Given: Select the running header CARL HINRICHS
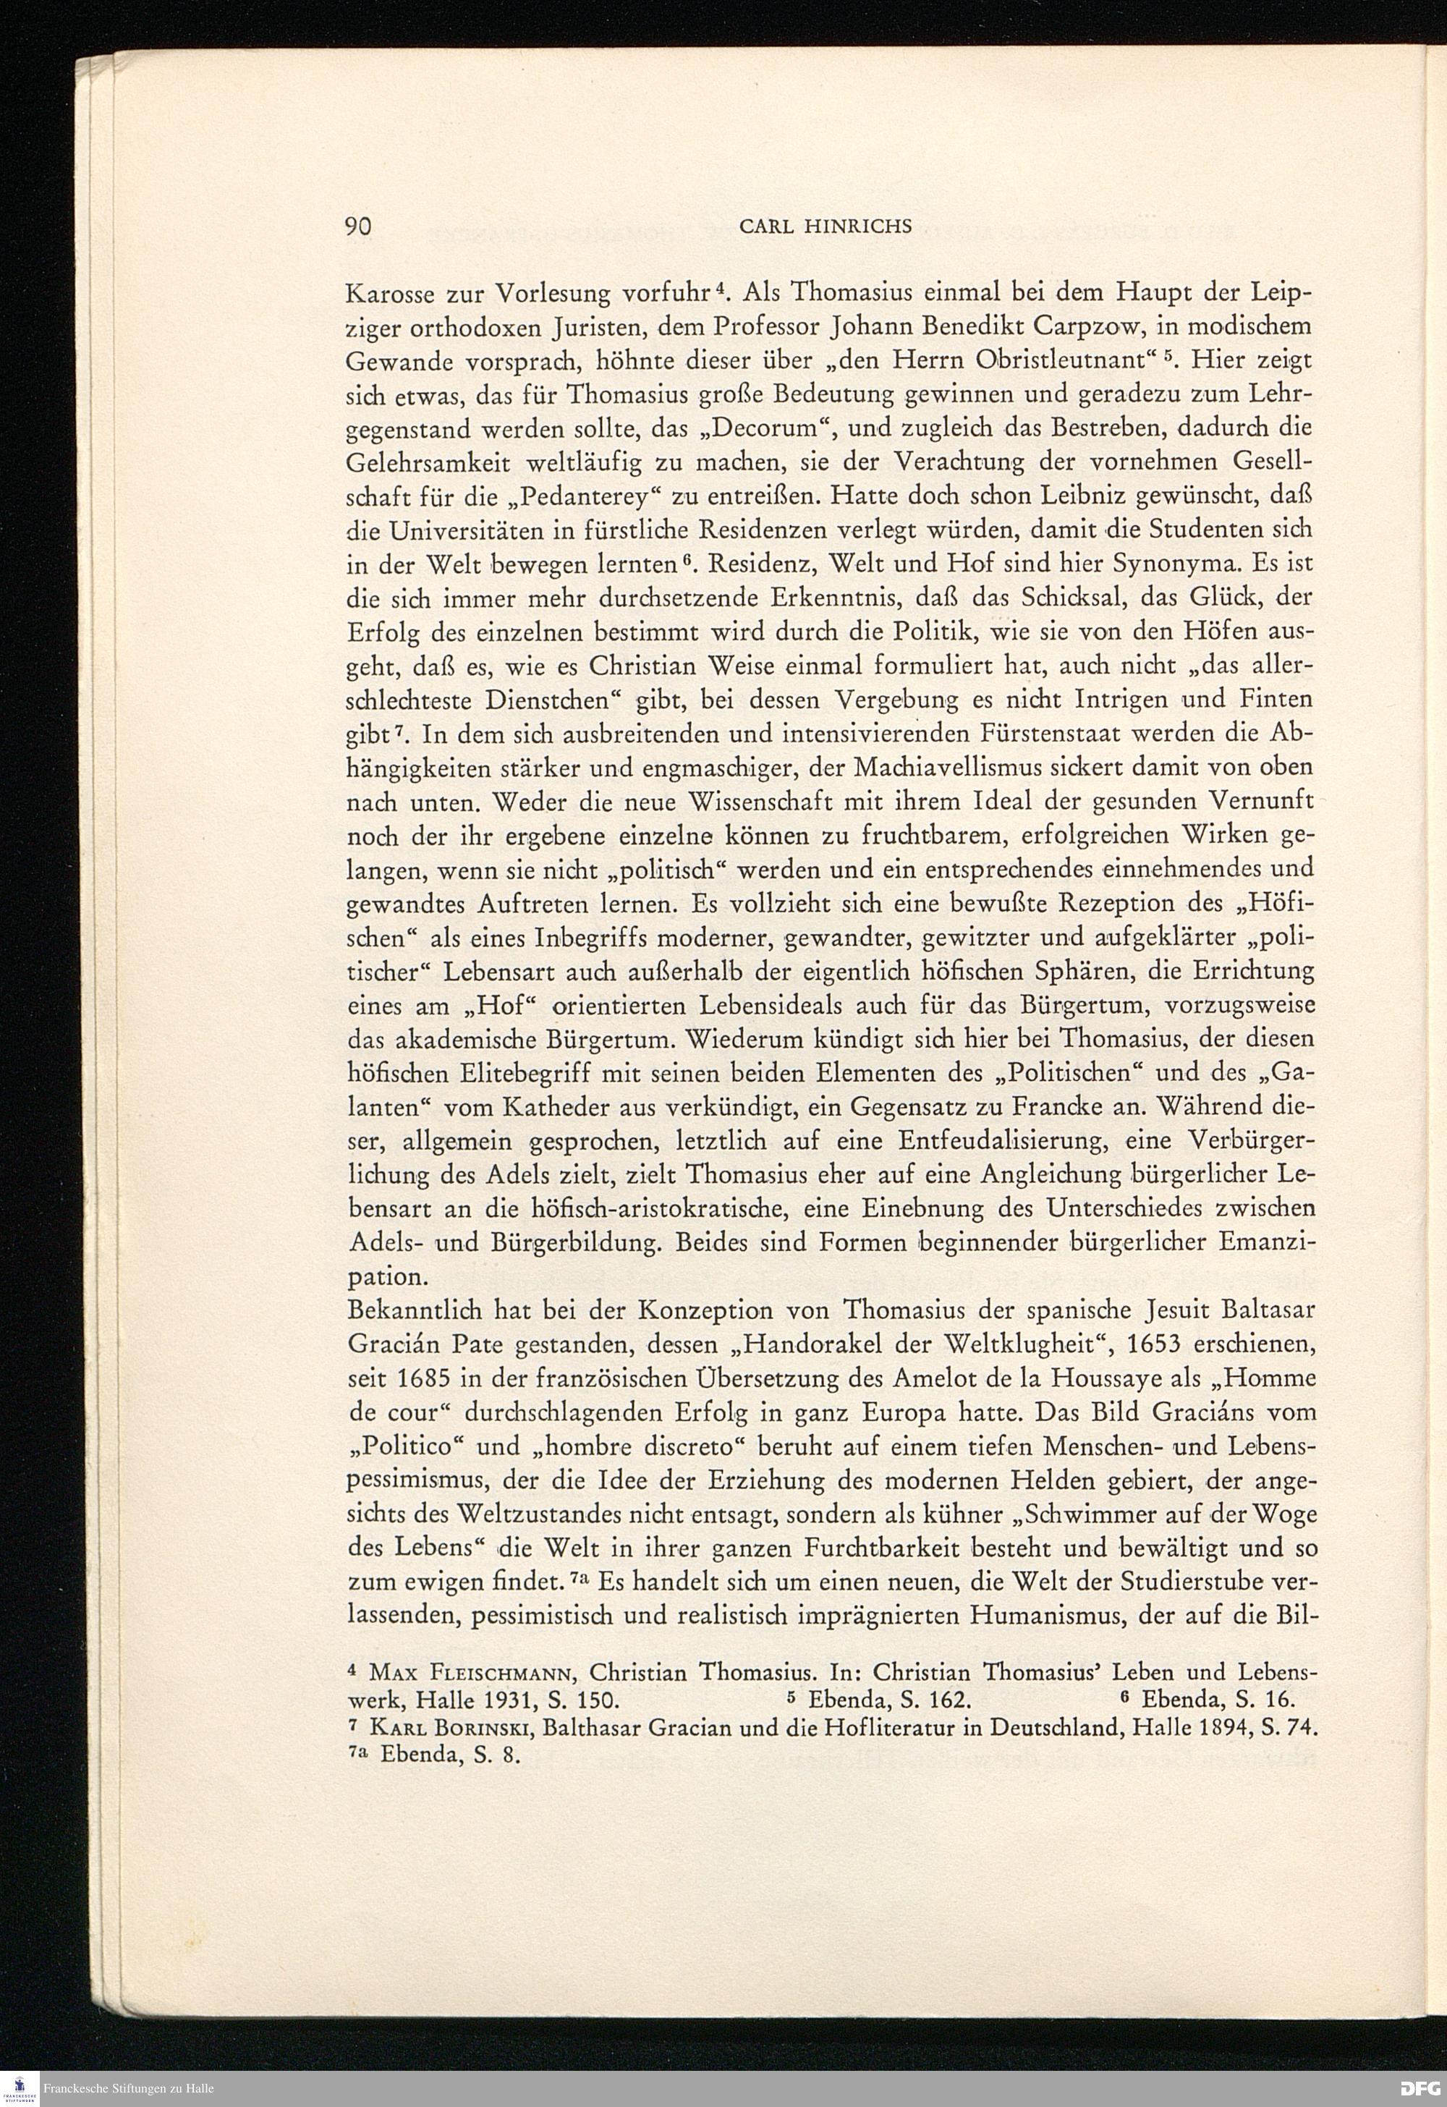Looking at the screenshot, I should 825,228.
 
